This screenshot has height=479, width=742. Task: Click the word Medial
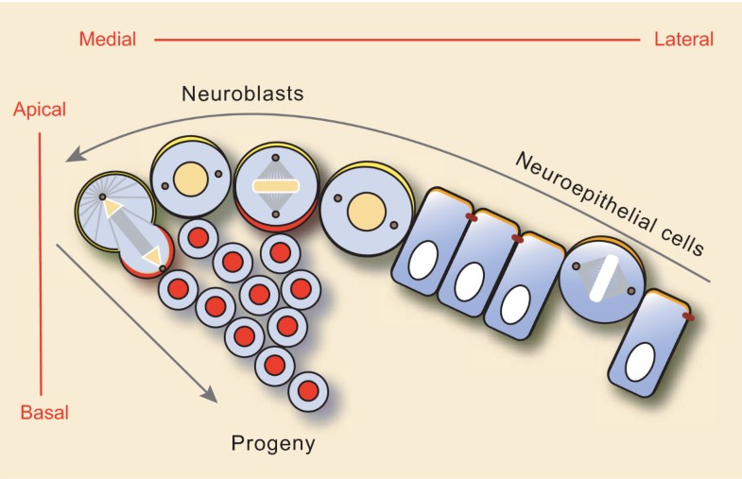pos(108,39)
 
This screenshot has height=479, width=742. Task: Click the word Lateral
pos(683,39)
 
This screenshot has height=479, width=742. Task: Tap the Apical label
pos(39,110)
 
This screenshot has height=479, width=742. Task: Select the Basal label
pos(44,412)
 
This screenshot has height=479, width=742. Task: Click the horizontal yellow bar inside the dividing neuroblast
pos(275,186)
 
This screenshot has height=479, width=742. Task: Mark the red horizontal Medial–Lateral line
pos(397,40)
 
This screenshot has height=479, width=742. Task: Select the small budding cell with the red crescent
pos(147,252)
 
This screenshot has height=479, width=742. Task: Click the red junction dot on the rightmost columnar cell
pos(687,317)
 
